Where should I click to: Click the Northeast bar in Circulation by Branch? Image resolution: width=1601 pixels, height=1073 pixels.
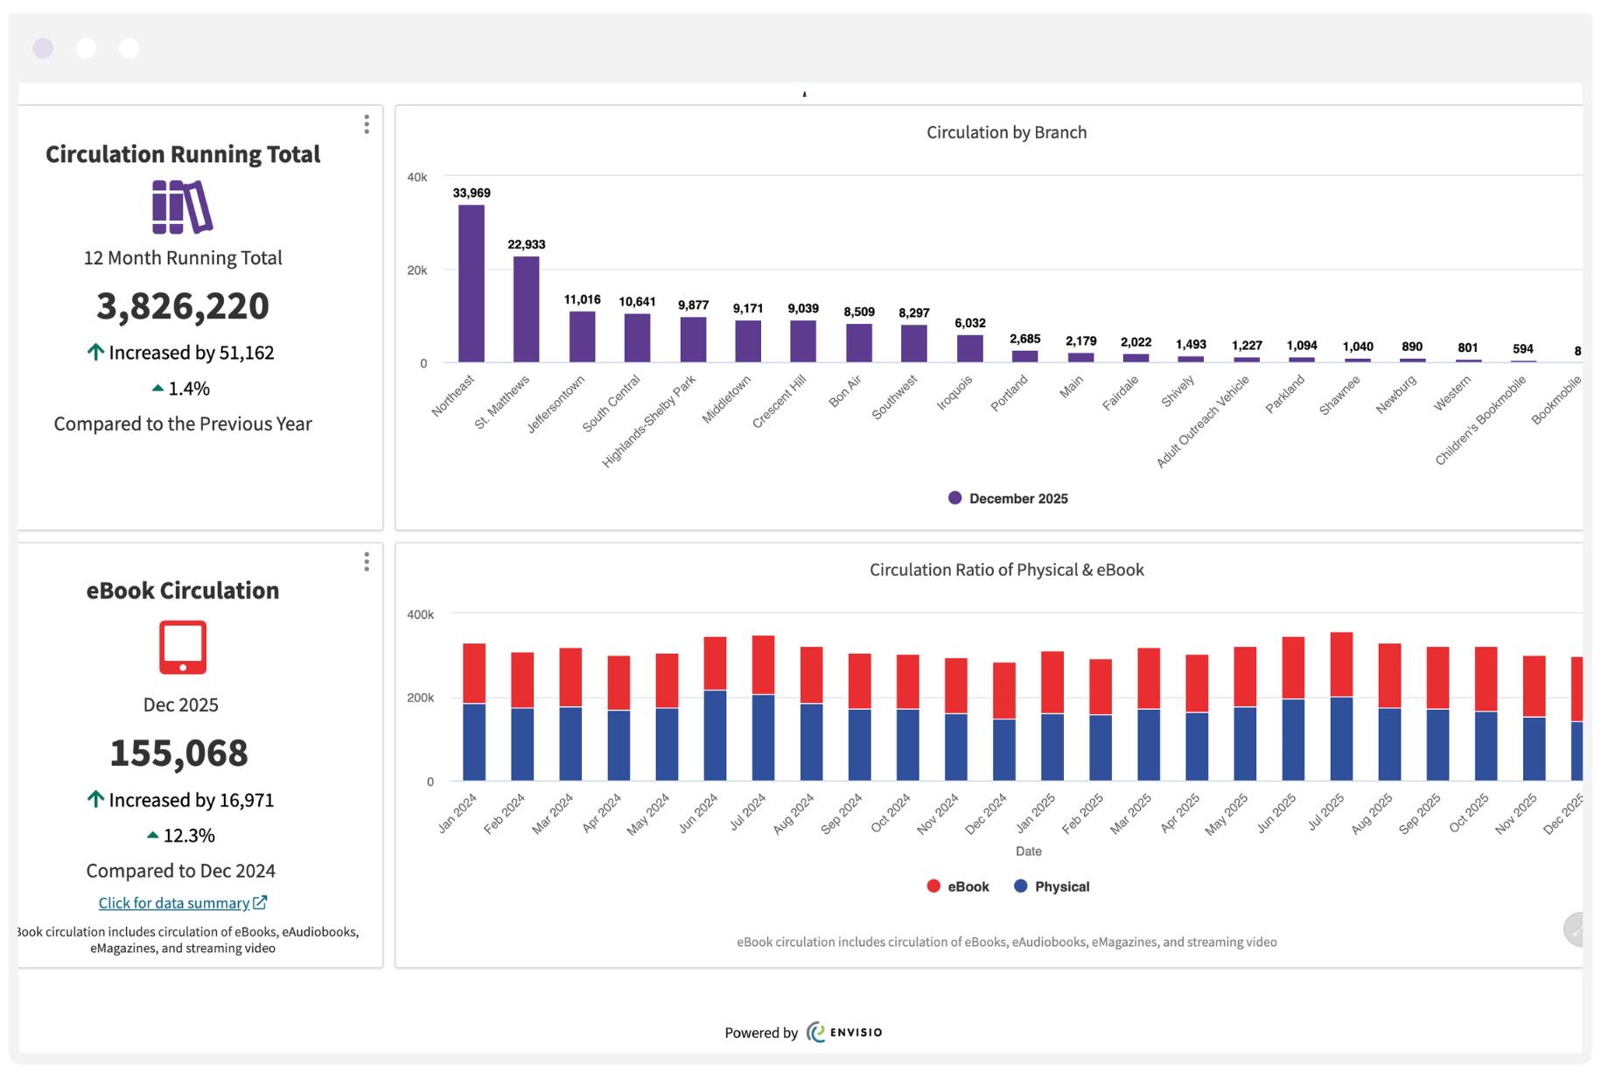[471, 284]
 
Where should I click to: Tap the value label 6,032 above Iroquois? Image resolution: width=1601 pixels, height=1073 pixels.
[969, 323]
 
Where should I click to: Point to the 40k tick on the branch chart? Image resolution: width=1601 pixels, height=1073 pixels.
[417, 177]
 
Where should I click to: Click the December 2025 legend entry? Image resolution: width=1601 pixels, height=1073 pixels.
[1008, 499]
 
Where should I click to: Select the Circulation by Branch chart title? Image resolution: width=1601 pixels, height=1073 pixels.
[1006, 132]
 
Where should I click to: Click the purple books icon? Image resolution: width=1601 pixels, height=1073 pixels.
[182, 207]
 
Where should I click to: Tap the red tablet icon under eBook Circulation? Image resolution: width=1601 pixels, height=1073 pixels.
[182, 648]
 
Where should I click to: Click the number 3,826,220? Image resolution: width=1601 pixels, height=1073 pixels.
[182, 306]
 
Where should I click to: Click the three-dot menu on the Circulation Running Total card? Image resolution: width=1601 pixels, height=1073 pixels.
[367, 124]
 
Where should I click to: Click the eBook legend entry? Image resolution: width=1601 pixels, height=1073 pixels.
[958, 887]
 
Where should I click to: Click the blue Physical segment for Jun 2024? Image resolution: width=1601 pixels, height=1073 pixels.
[715, 735]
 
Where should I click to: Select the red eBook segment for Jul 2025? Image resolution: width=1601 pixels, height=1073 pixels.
[1341, 664]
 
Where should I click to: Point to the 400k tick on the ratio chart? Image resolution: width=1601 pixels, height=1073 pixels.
[420, 614]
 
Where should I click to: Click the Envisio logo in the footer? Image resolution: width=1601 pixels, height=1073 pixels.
[844, 1033]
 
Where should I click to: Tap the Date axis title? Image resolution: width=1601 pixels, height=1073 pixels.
[1028, 851]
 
